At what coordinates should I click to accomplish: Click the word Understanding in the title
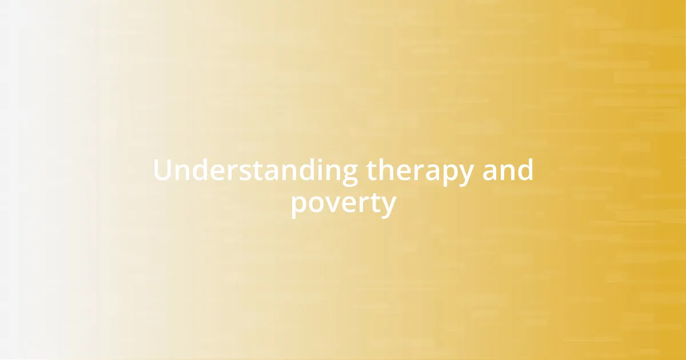coord(256,171)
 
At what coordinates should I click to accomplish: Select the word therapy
coord(420,171)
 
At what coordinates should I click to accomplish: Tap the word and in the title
coord(508,171)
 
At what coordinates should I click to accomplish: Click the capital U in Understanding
coord(163,171)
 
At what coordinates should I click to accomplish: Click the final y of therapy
coord(466,175)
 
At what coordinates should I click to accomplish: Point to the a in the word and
coord(490,172)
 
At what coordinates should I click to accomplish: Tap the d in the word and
coord(525,170)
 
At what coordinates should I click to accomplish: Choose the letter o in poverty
coord(316,204)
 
